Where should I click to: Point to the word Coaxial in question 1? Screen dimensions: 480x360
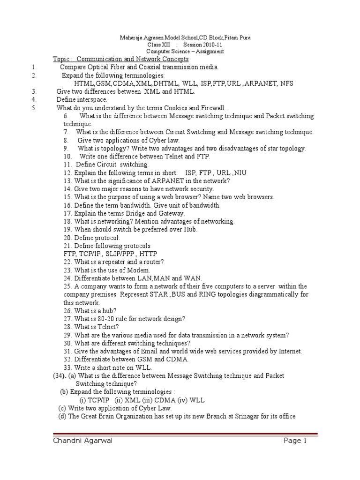pyautogui.click(x=160, y=67)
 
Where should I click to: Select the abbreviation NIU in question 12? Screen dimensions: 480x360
pyautogui.click(x=240, y=173)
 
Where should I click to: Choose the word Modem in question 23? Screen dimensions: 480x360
pyautogui.click(x=139, y=270)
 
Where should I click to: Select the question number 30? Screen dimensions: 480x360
pyautogui.click(x=67, y=343)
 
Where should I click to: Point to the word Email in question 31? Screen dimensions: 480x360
pyautogui.click(x=142, y=351)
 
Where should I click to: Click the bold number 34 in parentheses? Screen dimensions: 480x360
pyautogui.click(x=59, y=376)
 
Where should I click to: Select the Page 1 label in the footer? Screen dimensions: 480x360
pyautogui.click(x=295, y=441)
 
